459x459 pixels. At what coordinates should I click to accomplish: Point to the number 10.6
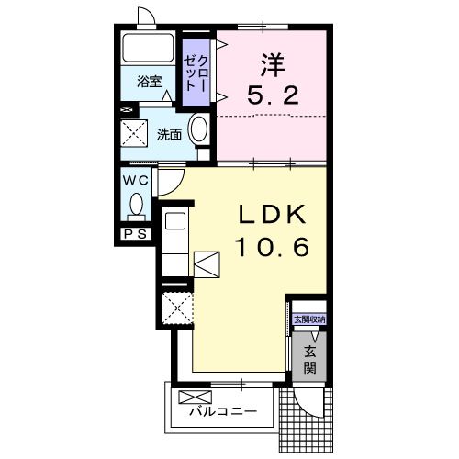[x=271, y=246]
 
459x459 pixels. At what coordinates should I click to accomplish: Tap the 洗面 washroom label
[x=168, y=134]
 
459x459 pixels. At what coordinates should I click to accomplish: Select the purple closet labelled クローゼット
[x=194, y=69]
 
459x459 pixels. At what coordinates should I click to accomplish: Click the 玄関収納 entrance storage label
[x=308, y=319]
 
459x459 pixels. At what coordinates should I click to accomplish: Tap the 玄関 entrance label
[x=309, y=360]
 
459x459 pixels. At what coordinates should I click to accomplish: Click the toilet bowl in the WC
[x=137, y=204]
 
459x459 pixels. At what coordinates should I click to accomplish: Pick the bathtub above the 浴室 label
[x=149, y=50]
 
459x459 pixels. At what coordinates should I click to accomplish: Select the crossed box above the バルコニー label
[x=197, y=397]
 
